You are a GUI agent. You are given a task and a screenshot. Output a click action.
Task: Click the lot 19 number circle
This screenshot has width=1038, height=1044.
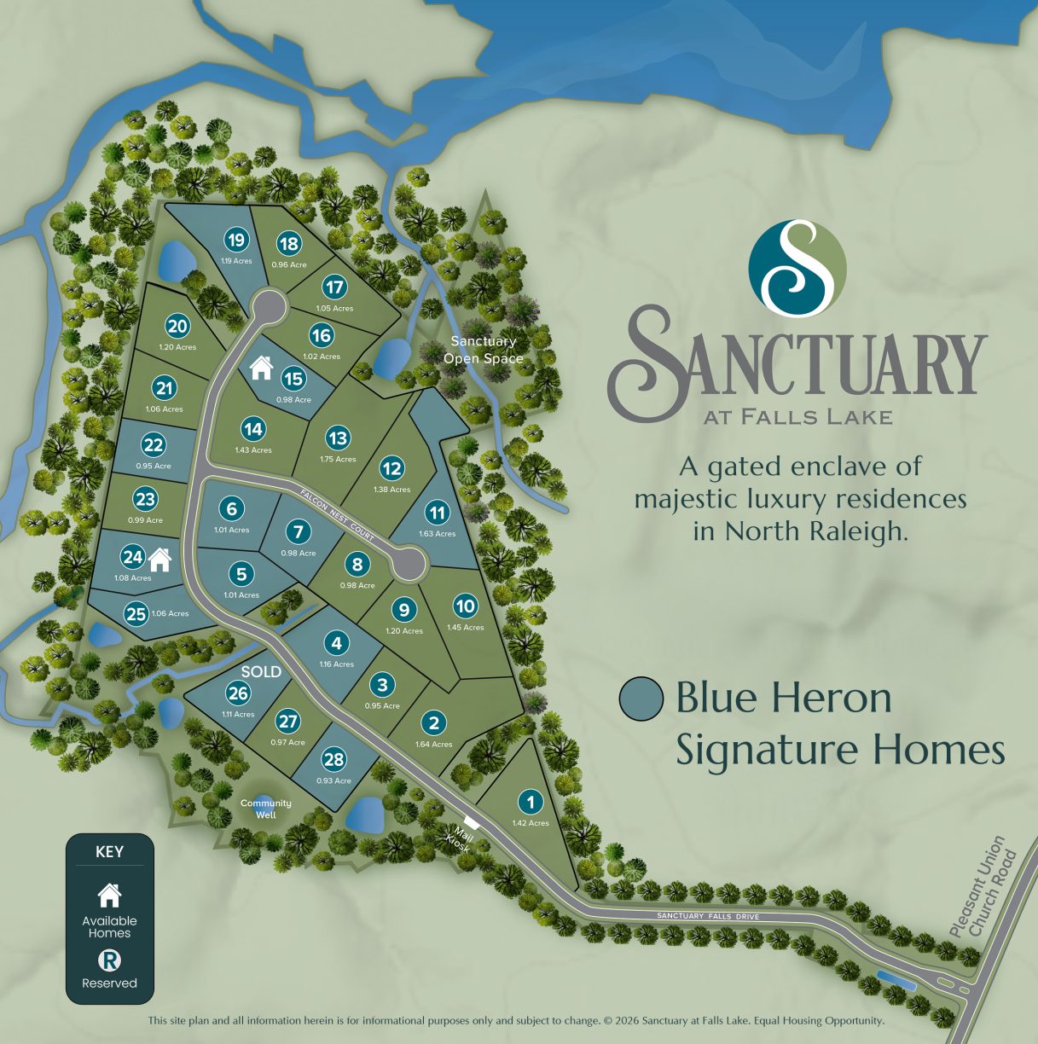point(236,241)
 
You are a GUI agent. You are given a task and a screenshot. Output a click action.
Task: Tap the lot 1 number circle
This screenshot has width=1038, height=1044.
point(531,802)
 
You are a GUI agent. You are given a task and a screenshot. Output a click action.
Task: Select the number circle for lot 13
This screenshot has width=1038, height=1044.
point(338,438)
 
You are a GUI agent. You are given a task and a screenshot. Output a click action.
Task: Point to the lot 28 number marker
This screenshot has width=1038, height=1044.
point(334,760)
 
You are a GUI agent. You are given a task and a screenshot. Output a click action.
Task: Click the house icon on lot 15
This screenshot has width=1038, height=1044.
point(261,368)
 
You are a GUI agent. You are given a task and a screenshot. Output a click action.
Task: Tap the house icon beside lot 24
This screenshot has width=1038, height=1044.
point(159,560)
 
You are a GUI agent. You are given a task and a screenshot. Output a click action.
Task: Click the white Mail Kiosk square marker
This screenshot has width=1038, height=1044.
point(472,824)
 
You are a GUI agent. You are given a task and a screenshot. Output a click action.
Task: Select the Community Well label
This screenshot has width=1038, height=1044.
point(265,809)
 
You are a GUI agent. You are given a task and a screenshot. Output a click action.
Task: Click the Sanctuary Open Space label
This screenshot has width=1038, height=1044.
point(484,350)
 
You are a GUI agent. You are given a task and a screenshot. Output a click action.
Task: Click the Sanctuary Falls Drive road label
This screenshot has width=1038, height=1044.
point(707,916)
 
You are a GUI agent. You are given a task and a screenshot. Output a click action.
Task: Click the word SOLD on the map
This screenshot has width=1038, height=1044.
point(261,671)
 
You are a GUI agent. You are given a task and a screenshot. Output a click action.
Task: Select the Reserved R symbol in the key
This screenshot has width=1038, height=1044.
point(109,961)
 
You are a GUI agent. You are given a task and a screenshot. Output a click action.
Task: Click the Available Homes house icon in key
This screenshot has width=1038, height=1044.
point(109,896)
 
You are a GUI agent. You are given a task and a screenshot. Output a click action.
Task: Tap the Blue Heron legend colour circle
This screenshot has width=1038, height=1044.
point(641,699)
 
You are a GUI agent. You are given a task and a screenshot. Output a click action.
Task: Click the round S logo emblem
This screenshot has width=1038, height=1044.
point(797,267)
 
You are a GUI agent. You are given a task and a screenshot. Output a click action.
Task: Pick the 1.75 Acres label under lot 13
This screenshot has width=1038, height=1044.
point(339,459)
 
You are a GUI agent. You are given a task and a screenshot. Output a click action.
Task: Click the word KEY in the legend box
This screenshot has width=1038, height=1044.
point(109,851)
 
